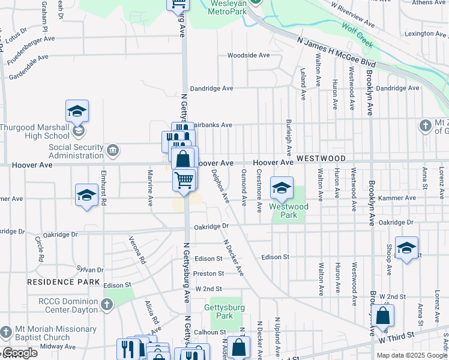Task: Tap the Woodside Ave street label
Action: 248,55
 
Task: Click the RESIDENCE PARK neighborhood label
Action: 62,281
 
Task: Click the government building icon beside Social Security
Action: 112,149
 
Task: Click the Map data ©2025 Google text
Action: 411,355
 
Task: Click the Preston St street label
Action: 209,274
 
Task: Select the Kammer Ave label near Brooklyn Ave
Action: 401,198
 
